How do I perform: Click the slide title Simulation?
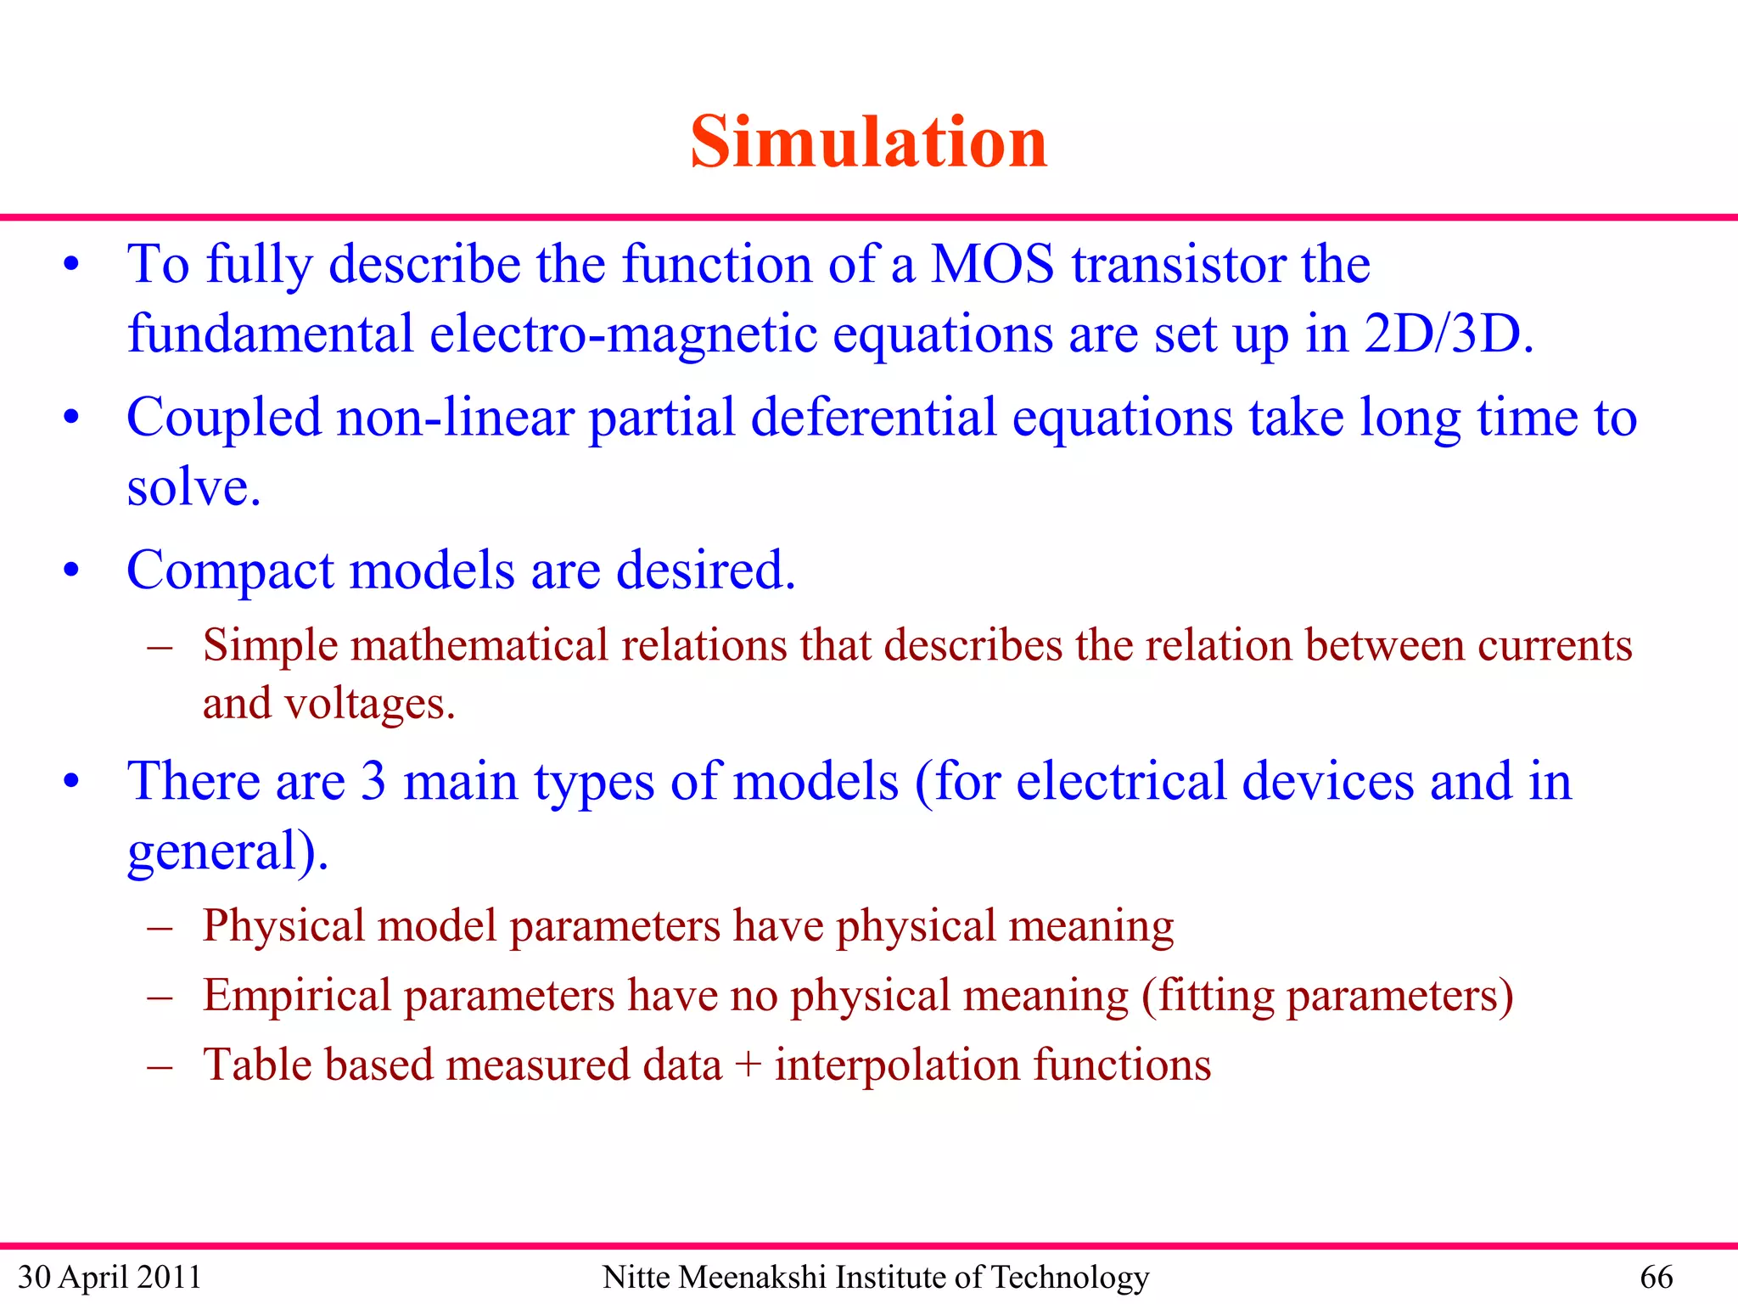pos(868,142)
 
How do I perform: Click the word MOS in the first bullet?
pos(992,264)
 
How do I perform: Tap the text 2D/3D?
pos(1448,334)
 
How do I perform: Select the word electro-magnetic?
pos(624,334)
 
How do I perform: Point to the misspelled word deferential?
pos(873,418)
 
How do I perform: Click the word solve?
pos(193,488)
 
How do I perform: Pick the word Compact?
pos(230,570)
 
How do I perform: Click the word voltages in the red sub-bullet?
pos(369,704)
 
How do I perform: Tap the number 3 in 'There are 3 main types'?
pos(373,781)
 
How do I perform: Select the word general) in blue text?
pos(227,852)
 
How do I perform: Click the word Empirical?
pos(296,995)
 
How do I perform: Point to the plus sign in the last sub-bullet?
pos(748,1065)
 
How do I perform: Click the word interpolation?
pos(897,1065)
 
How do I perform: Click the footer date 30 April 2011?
pos(109,1277)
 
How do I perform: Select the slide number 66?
pos(1656,1277)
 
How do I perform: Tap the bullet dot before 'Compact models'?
pos(71,570)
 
